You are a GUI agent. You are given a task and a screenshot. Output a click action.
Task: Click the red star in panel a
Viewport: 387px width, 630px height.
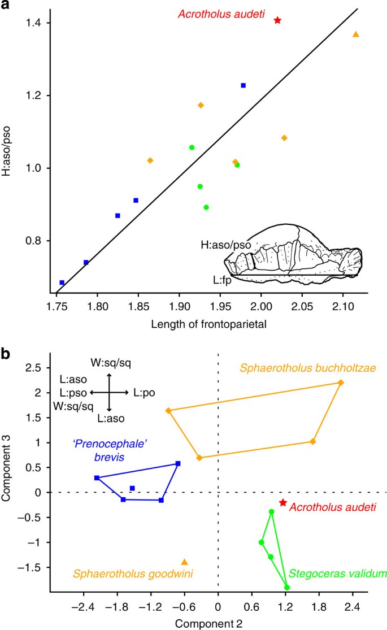[277, 20]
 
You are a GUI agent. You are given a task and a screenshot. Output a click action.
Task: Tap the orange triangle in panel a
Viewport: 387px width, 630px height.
[355, 34]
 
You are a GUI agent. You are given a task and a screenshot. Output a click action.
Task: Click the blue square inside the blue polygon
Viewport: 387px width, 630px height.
[132, 488]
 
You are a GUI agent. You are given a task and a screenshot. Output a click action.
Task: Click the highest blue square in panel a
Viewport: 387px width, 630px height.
[243, 85]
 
